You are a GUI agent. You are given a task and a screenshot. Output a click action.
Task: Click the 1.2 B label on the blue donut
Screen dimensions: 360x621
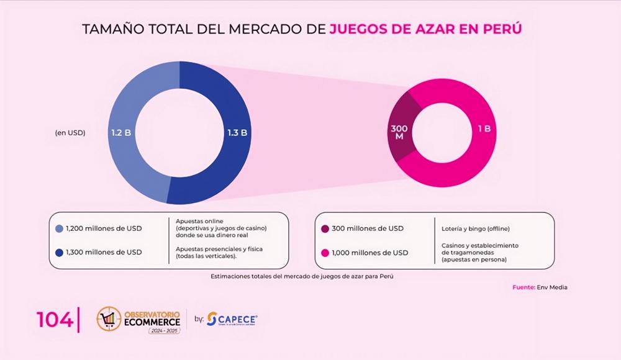120,132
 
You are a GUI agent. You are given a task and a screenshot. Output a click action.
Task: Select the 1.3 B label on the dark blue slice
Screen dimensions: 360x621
238,132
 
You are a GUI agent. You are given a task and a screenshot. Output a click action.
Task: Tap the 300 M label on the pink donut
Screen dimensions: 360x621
399,132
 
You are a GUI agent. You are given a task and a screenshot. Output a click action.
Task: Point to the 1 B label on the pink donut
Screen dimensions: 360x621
484,128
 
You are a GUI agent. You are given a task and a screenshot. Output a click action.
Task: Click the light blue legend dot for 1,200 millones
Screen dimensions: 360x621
59,228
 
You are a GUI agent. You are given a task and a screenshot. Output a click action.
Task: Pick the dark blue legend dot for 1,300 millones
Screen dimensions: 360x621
59,252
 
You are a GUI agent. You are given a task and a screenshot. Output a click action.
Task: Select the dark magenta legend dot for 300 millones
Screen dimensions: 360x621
325,228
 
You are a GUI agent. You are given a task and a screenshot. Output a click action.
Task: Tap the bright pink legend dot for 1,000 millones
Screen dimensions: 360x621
325,253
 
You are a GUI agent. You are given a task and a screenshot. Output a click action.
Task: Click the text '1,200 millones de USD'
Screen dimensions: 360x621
104,228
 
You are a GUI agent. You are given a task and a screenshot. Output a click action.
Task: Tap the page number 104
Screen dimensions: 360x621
55,320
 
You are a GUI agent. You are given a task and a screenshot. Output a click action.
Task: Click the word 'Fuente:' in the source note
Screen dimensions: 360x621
524,287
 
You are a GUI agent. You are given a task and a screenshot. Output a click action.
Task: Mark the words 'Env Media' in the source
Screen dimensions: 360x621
552,287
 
